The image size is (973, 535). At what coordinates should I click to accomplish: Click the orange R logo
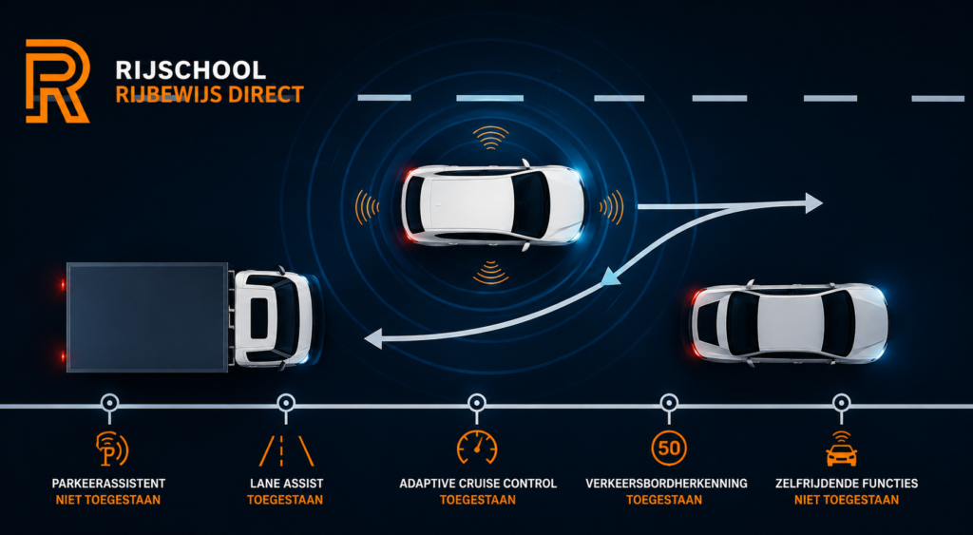pyautogui.click(x=57, y=81)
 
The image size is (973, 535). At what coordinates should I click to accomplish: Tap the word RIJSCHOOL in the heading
pyautogui.click(x=190, y=70)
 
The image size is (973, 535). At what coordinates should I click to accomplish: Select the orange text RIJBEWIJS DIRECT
pyautogui.click(x=210, y=94)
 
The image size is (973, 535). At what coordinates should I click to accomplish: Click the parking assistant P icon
pyautogui.click(x=112, y=449)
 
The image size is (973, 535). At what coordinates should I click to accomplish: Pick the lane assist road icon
pyautogui.click(x=286, y=450)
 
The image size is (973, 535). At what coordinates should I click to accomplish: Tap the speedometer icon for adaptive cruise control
pyautogui.click(x=477, y=447)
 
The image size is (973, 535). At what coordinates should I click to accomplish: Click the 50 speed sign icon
pyautogui.click(x=669, y=448)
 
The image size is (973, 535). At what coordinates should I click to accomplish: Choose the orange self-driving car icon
pyautogui.click(x=842, y=449)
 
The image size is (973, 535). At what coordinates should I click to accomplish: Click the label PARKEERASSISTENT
pyautogui.click(x=108, y=484)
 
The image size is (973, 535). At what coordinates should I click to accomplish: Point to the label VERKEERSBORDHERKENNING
pyautogui.click(x=666, y=484)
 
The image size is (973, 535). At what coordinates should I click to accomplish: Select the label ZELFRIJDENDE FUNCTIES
pyautogui.click(x=847, y=484)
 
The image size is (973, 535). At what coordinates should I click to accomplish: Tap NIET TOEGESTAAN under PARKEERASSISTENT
pyautogui.click(x=108, y=500)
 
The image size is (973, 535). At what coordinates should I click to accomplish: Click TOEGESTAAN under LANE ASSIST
pyautogui.click(x=285, y=500)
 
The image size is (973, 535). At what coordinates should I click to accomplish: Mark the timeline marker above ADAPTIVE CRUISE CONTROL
pyautogui.click(x=477, y=402)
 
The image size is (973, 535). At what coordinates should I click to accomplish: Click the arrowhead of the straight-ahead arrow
pyautogui.click(x=813, y=203)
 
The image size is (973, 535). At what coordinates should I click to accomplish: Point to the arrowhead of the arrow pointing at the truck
pyautogui.click(x=372, y=339)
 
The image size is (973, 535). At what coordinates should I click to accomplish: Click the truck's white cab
pyautogui.click(x=273, y=318)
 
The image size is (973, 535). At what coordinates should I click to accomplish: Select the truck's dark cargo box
pyautogui.click(x=147, y=317)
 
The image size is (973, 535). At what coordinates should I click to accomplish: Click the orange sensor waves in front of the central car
pyautogui.click(x=613, y=206)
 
